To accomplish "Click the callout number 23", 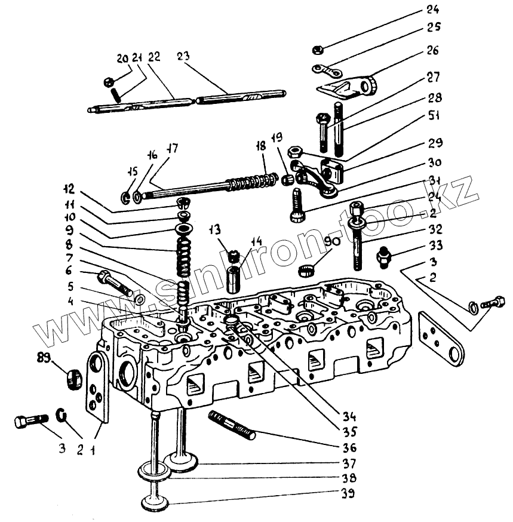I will [x=183, y=57].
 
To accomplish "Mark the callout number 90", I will [x=333, y=241].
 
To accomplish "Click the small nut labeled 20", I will [x=109, y=81].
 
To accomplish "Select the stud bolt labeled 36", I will [x=232, y=425].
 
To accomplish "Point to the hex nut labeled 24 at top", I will [x=318, y=47].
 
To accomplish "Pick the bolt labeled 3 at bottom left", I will [x=28, y=422].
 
